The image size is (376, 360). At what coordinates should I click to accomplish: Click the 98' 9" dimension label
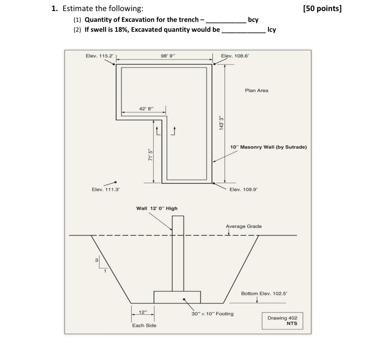point(168,56)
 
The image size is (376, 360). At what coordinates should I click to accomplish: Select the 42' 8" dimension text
point(146,109)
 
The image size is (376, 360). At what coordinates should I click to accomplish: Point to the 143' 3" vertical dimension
point(221,123)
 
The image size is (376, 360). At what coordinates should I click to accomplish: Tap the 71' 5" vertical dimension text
point(150,155)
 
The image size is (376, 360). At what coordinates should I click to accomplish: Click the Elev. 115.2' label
point(100,56)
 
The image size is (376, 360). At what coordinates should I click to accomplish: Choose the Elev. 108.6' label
point(235,56)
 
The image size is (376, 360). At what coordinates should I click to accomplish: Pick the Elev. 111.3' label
point(106,189)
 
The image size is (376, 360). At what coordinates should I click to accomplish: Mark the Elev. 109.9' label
point(244,189)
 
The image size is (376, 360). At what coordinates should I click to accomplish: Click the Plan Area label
point(257,91)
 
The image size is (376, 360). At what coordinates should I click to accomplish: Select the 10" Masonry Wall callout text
point(268,147)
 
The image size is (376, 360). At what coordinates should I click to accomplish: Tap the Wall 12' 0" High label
point(157,208)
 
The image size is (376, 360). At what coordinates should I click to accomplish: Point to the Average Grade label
point(244,226)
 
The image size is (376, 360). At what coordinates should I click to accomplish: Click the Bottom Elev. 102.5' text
point(264,294)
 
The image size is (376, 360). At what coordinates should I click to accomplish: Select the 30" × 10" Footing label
point(212,314)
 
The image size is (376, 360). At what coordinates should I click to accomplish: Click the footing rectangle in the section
point(177,297)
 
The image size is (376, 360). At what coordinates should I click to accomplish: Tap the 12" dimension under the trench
point(143,312)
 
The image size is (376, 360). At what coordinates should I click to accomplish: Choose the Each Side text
point(144,326)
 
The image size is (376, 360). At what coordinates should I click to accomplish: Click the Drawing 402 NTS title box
point(282,321)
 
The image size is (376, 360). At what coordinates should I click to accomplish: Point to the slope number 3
point(96,260)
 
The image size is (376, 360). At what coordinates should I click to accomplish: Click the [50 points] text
point(322,9)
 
